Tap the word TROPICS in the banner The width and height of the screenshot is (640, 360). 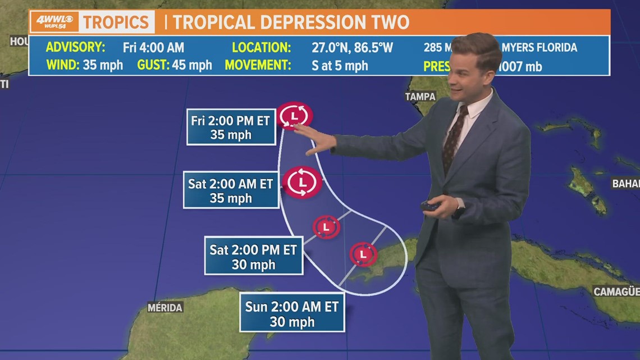click(117, 22)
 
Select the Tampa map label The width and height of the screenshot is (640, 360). click(420, 96)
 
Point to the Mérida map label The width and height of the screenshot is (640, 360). click(165, 307)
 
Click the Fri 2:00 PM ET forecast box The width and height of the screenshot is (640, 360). click(231, 127)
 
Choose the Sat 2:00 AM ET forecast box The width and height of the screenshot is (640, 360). click(231, 190)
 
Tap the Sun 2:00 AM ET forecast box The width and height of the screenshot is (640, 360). click(291, 313)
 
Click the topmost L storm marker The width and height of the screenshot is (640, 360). click(294, 116)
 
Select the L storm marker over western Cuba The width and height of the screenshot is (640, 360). click(363, 254)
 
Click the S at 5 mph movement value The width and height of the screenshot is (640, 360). click(340, 65)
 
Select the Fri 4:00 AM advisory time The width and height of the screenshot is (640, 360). click(153, 47)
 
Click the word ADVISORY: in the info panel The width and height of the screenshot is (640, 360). click(75, 47)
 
